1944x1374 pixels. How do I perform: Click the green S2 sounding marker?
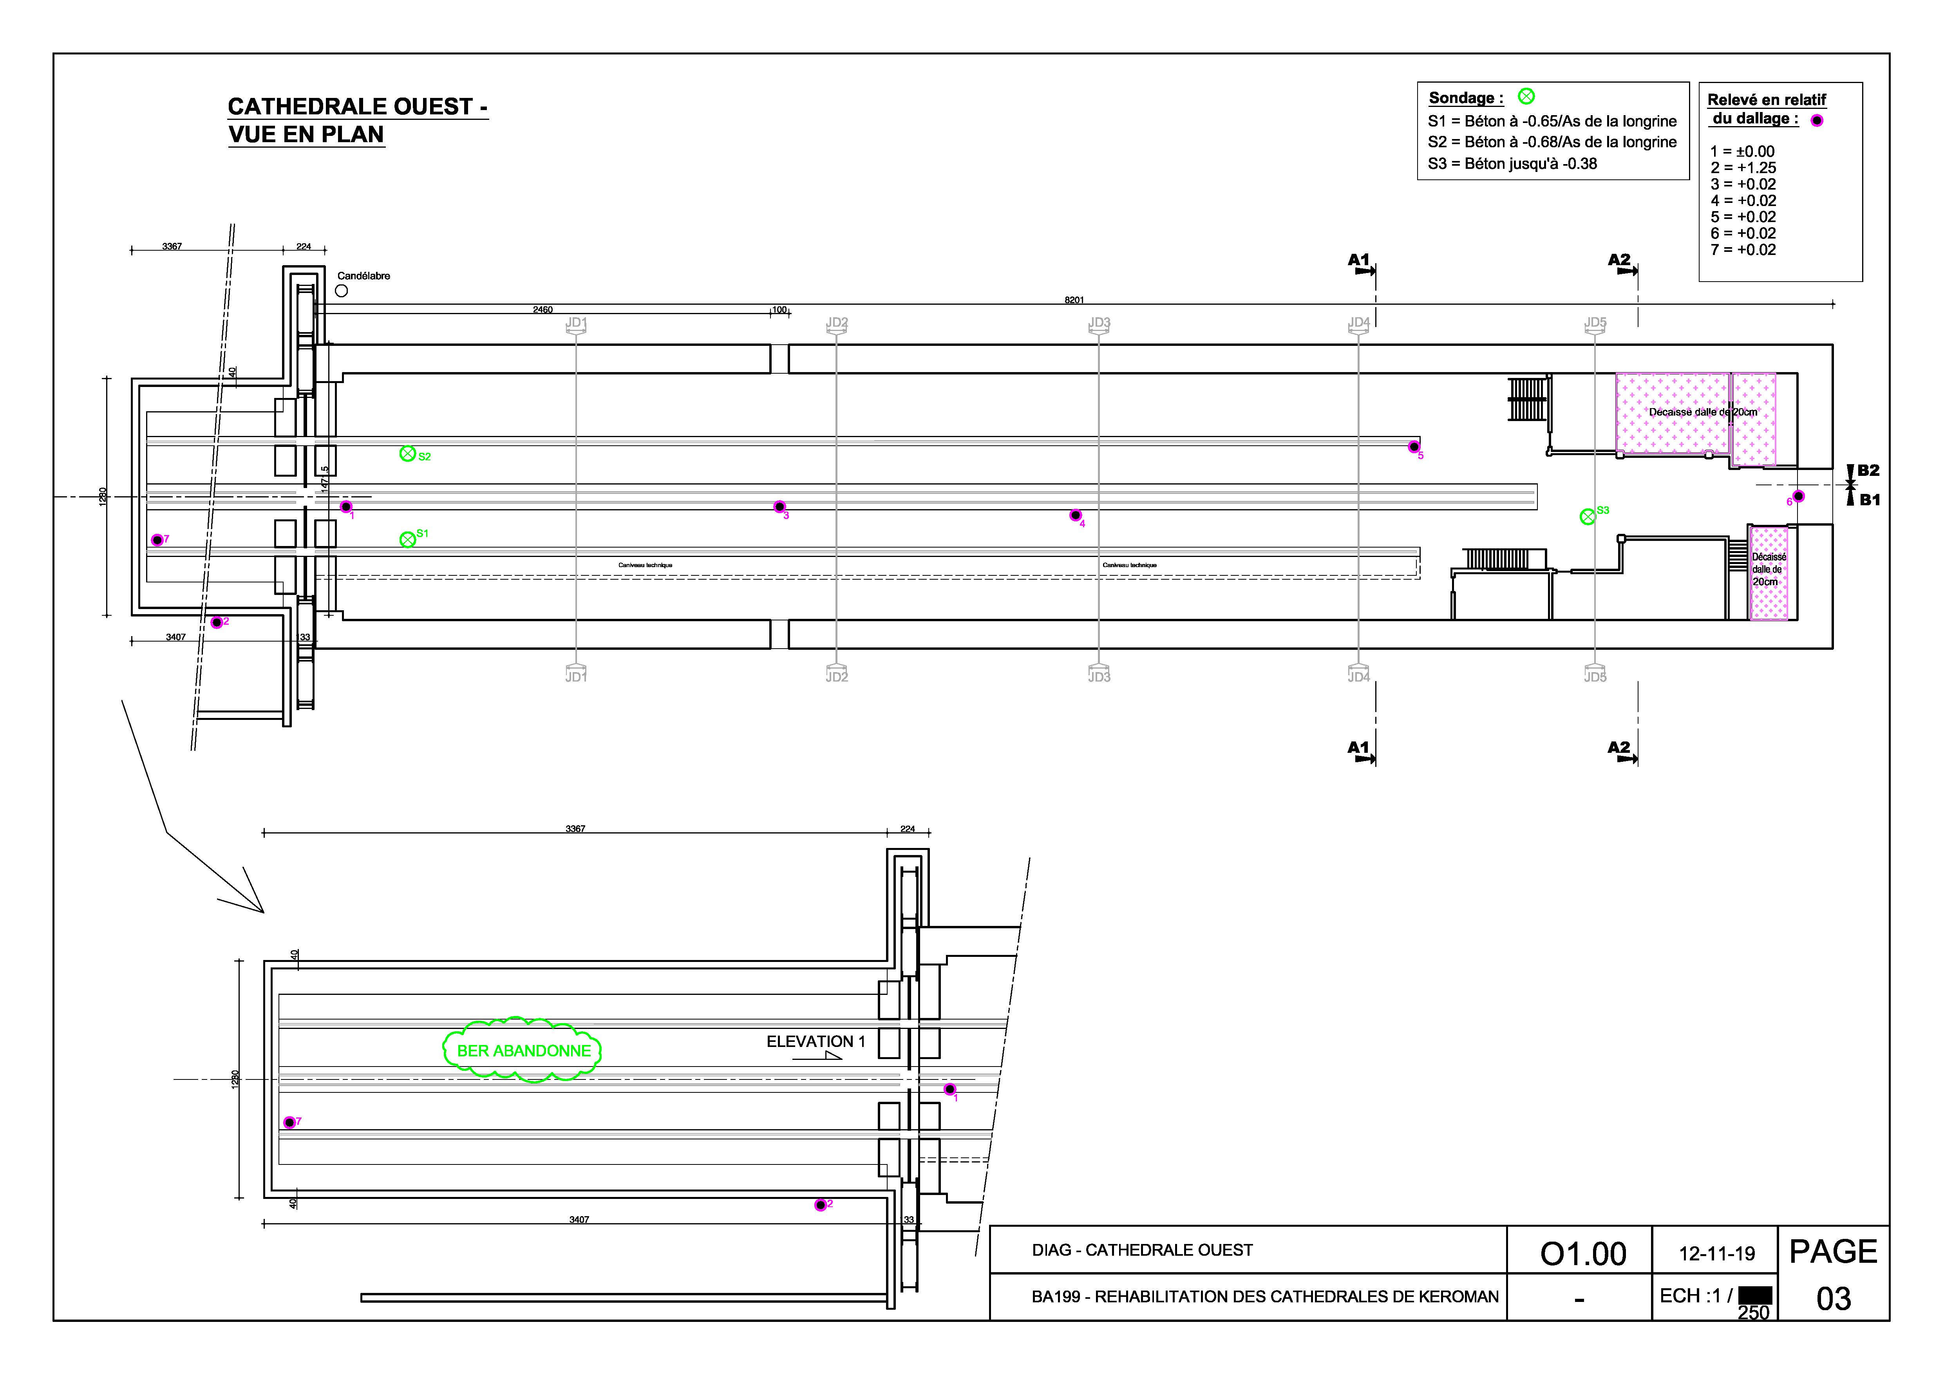(x=407, y=454)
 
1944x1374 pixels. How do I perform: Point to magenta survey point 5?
(x=1413, y=447)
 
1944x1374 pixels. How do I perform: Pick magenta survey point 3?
(x=780, y=507)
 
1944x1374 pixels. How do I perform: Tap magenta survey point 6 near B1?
(x=1798, y=496)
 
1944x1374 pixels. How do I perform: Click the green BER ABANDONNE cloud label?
(x=523, y=1050)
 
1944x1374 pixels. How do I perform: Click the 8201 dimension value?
(x=1074, y=300)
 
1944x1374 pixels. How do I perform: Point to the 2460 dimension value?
(x=543, y=310)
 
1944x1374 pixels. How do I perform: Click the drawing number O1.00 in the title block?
(x=1582, y=1254)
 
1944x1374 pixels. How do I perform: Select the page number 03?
(x=1833, y=1299)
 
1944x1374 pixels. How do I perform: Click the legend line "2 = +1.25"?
(x=1743, y=168)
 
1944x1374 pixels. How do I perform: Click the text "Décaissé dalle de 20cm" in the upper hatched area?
(x=1702, y=412)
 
